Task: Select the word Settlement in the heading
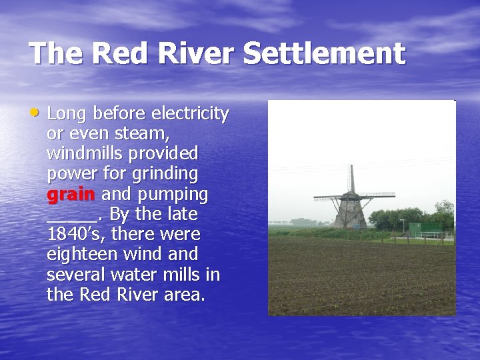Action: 324,53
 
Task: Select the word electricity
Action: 191,114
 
